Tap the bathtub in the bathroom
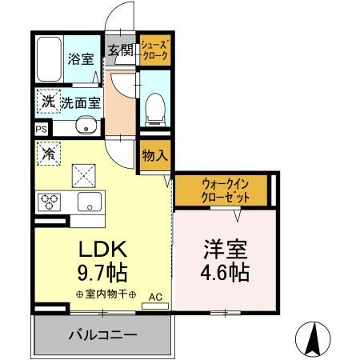tap(49, 58)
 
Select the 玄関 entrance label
tap(121, 51)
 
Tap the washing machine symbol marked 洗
tap(46, 102)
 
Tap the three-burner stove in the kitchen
tap(47, 200)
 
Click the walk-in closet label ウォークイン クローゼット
tap(222, 190)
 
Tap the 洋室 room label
tap(223, 248)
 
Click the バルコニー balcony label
tap(102, 334)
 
